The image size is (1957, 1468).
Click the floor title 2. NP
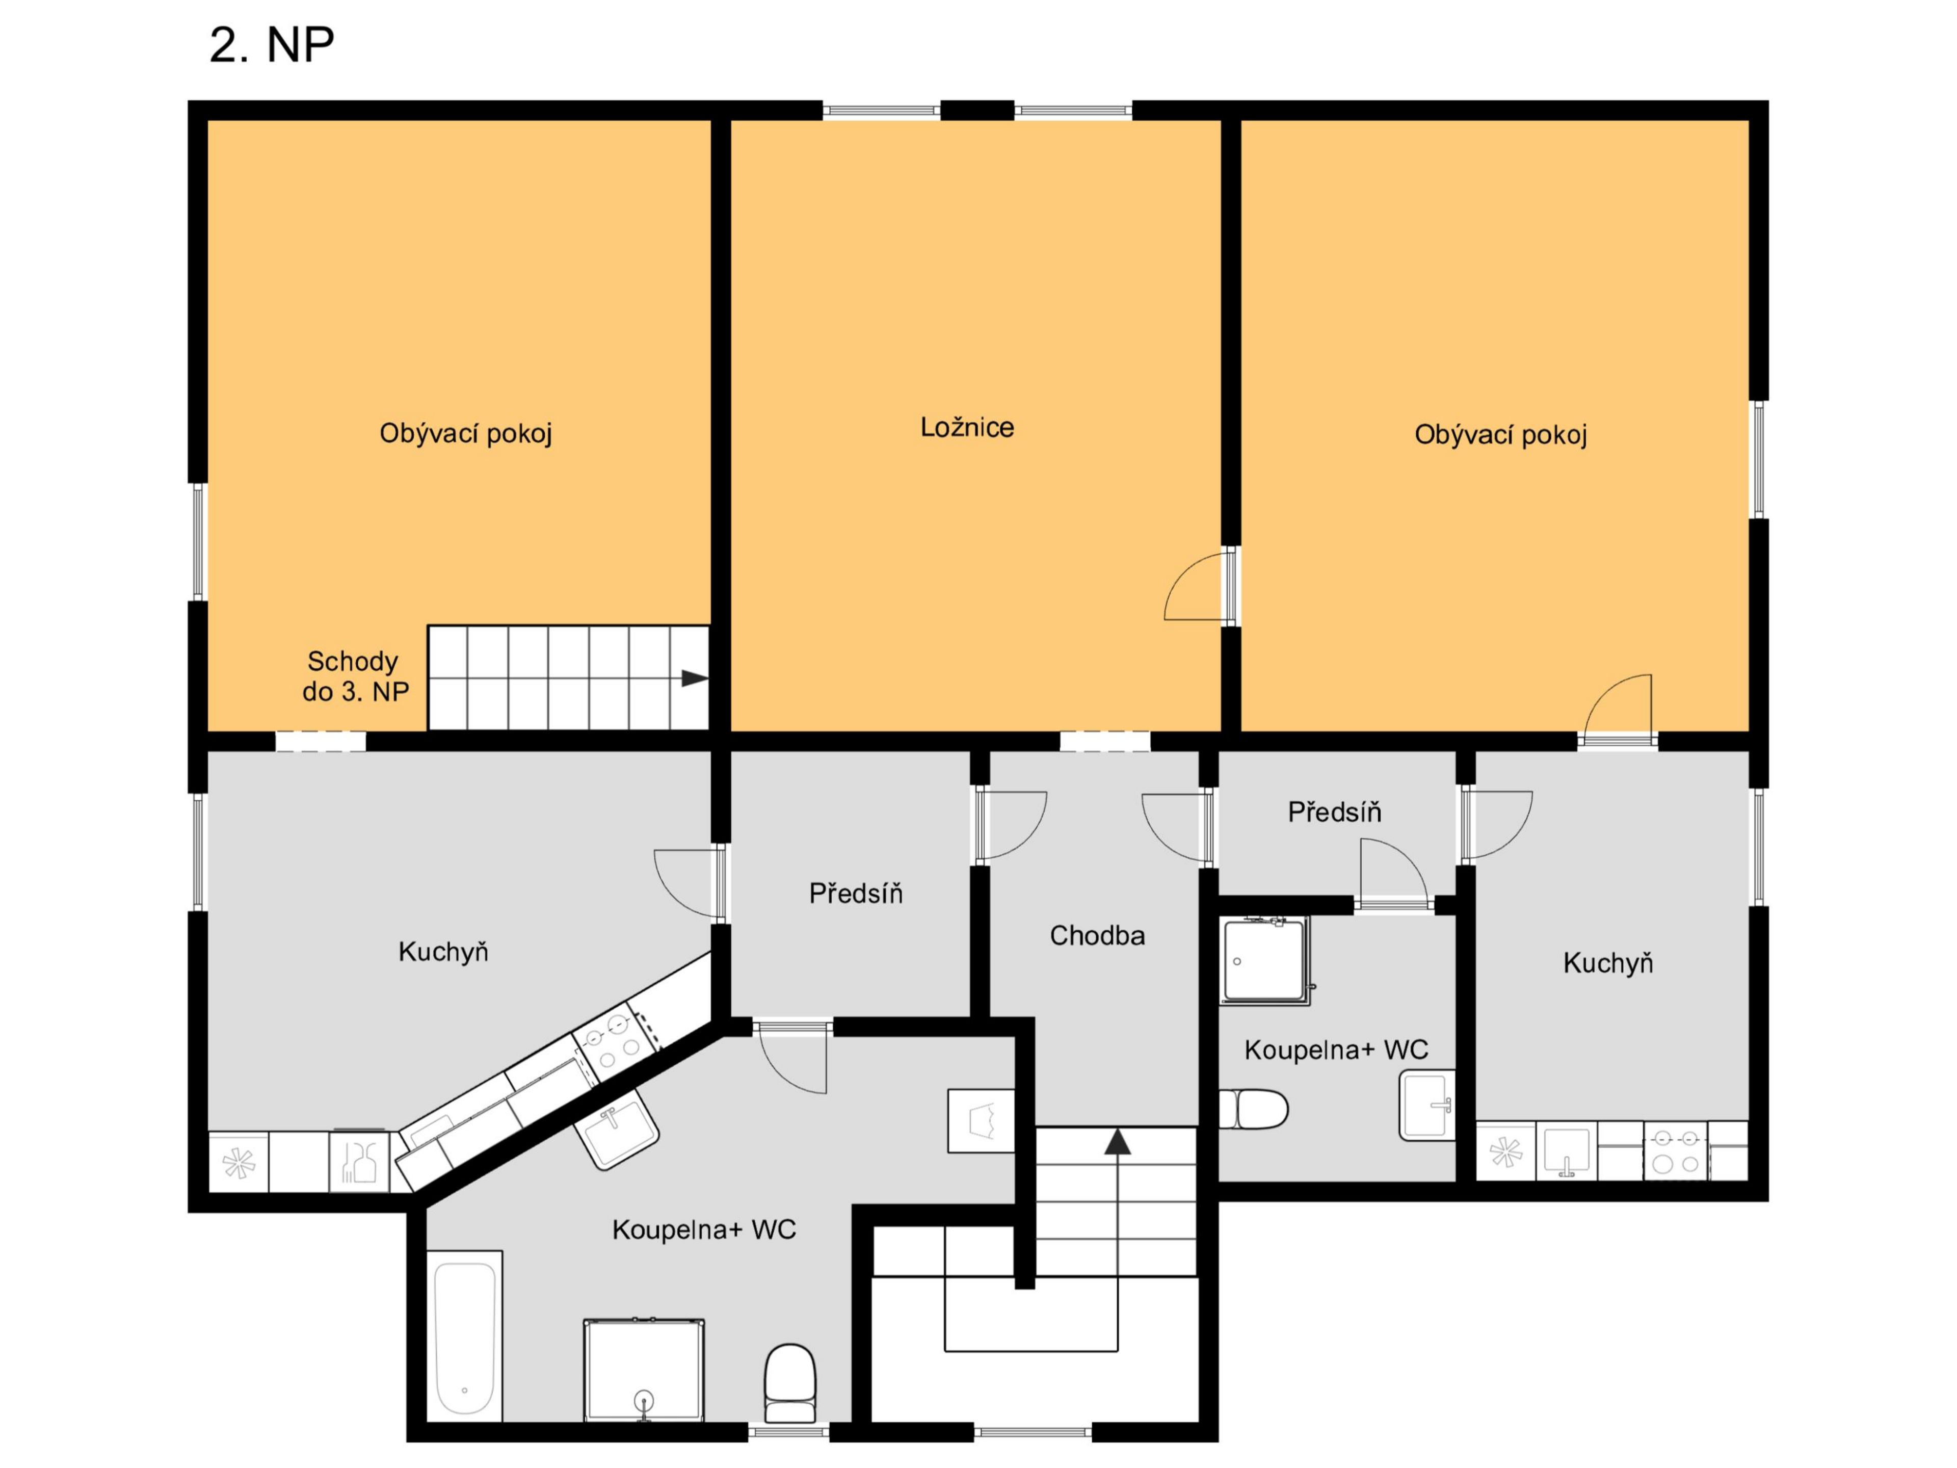272,45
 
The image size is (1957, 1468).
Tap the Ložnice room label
967,427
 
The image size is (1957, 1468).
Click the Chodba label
1097,935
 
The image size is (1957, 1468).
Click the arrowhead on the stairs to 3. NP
695,679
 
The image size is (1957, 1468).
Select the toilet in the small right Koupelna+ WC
1254,1109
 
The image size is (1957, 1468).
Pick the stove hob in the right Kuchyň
1676,1151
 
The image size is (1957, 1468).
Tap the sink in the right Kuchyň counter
1566,1151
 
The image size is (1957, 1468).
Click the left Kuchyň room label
443,952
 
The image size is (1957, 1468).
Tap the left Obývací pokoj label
466,434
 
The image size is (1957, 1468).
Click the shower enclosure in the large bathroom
644,1370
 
